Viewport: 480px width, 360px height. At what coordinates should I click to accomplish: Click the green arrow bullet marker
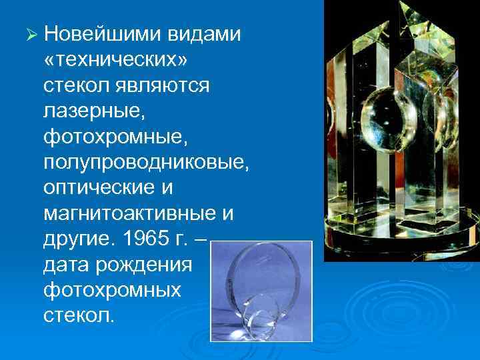[31, 34]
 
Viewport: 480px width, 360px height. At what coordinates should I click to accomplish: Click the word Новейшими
[102, 33]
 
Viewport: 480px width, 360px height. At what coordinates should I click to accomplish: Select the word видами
[204, 33]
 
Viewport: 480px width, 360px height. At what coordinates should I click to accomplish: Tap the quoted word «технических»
[115, 60]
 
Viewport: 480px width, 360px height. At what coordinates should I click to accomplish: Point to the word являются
[163, 85]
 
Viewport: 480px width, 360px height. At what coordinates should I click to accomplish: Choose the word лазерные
[94, 111]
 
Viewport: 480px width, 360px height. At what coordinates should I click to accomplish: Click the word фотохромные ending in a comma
[115, 137]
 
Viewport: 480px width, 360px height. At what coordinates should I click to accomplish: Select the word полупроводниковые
[146, 163]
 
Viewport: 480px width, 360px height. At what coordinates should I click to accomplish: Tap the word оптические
[99, 187]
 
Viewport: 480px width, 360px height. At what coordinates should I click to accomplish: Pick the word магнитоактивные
[130, 213]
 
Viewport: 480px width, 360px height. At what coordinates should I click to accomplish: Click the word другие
[77, 239]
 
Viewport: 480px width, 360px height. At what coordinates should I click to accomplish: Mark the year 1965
[146, 237]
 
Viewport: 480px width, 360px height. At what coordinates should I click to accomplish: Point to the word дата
[65, 265]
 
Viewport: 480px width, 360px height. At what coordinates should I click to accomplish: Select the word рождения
[143, 265]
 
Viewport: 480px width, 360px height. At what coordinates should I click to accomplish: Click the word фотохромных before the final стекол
[112, 291]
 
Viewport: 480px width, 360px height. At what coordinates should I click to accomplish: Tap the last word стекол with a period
[79, 315]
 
